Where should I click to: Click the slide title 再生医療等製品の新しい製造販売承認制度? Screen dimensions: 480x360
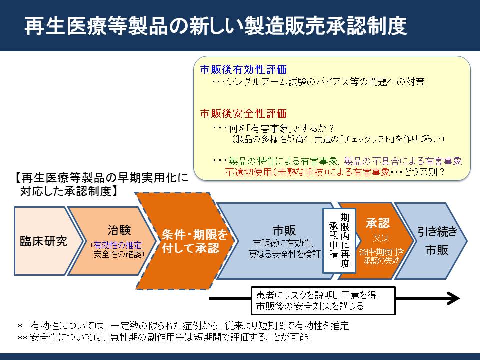pyautogui.click(x=216, y=25)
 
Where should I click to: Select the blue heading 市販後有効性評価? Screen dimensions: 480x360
pyautogui.click(x=243, y=70)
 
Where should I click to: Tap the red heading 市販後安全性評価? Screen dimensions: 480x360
pyautogui.click(x=243, y=113)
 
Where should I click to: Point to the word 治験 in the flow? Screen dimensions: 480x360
pyautogui.click(x=119, y=230)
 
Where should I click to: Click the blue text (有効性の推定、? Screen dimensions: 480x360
pyautogui.click(x=118, y=245)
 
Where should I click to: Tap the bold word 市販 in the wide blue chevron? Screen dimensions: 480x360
pyautogui.click(x=284, y=230)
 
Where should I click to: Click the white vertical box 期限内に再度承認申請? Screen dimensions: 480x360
pyautogui.click(x=339, y=241)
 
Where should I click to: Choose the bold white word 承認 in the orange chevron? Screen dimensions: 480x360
pyautogui.click(x=378, y=223)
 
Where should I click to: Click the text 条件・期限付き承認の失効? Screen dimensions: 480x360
pyautogui.click(x=381, y=256)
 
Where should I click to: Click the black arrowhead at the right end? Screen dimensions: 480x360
pyautogui.click(x=453, y=298)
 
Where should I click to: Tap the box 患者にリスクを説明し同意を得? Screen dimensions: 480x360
pyautogui.click(x=323, y=300)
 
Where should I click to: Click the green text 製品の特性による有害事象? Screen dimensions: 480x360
pyautogui.click(x=283, y=161)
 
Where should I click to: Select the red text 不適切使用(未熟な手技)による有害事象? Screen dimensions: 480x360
pyautogui.click(x=307, y=172)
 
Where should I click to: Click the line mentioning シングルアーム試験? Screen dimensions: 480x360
pyautogui.click(x=318, y=81)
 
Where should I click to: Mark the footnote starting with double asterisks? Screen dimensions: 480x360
pyautogui.click(x=163, y=337)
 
